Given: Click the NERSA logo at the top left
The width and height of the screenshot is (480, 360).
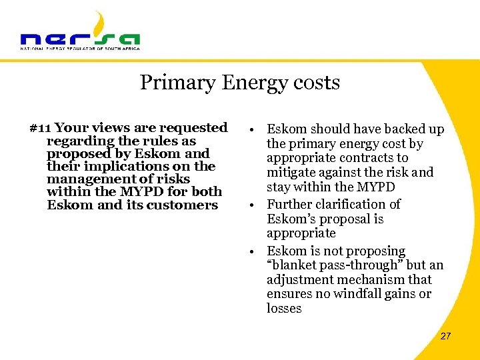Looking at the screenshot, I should pos(80,33).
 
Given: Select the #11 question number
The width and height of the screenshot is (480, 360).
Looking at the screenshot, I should pos(41,127).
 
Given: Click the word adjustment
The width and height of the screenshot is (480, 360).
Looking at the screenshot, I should pos(300,280).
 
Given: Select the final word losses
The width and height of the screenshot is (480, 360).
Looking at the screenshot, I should pos(284,309).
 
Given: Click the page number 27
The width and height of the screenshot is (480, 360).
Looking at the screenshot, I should pos(445,336).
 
